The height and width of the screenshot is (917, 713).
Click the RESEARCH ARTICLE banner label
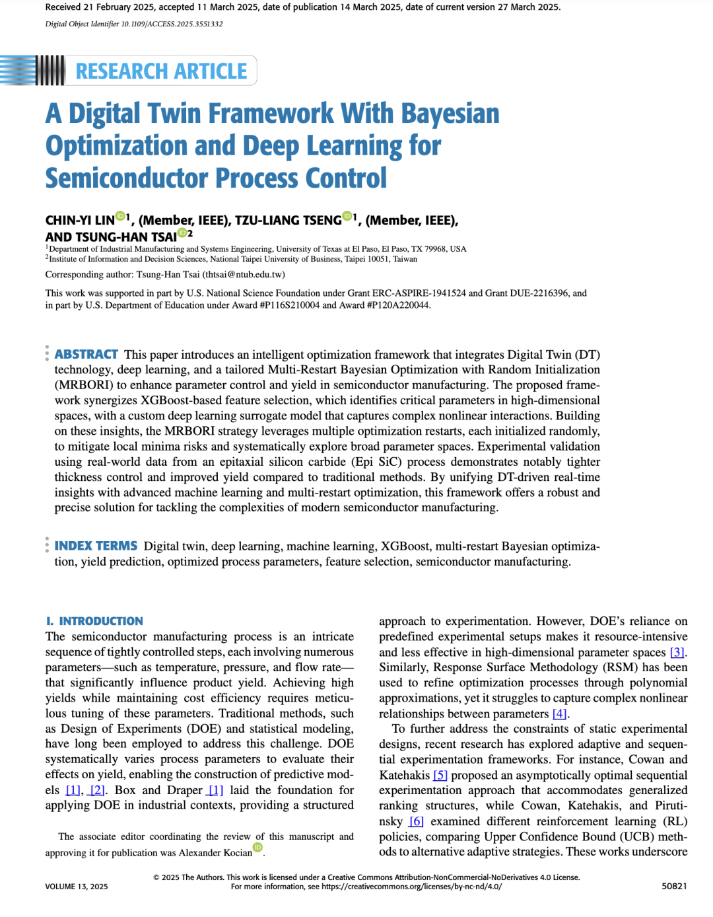161,71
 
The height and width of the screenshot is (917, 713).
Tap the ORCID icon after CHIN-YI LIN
120,216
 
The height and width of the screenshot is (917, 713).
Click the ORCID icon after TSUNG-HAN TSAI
182,233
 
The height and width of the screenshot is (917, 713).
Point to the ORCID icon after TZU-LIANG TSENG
347,216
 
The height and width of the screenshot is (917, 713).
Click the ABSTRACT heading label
86,355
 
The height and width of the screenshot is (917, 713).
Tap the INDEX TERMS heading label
96,546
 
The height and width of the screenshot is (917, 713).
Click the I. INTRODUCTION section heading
94,621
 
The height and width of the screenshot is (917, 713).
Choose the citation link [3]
677,653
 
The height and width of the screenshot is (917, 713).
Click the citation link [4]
559,714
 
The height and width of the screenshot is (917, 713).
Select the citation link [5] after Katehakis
440,775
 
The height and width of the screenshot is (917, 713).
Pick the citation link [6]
416,821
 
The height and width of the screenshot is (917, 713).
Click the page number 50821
674,887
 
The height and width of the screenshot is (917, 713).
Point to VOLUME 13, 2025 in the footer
77,887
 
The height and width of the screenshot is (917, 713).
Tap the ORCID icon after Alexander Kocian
258,848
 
